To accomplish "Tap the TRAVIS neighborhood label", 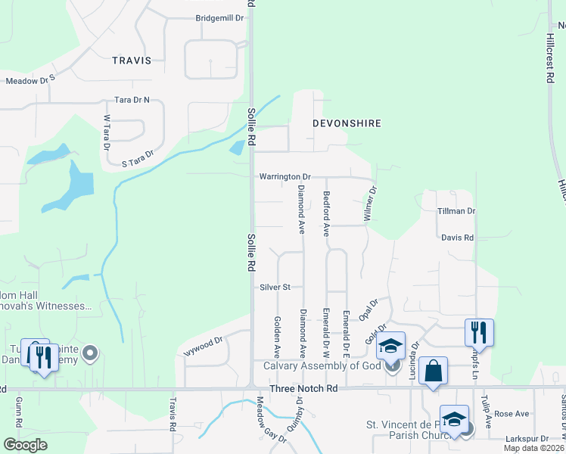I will [132, 60].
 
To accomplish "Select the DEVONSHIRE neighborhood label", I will [347, 123].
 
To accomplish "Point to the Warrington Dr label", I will [285, 176].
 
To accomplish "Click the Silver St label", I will [275, 288].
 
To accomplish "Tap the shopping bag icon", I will [433, 372].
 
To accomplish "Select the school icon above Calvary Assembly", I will [390, 346].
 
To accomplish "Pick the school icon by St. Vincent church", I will [453, 419].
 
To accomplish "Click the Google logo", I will [24, 445].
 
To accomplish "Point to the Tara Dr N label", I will [132, 100].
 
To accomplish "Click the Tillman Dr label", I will [456, 211].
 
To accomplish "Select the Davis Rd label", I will [458, 238].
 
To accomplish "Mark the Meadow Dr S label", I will [31, 79].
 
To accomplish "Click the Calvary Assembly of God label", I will [322, 366].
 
